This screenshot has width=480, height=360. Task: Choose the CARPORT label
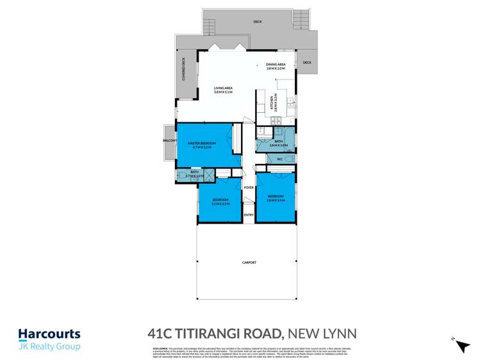tap(249, 263)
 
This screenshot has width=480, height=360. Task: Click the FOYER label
tap(248, 187)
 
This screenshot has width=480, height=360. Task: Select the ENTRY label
tap(249, 215)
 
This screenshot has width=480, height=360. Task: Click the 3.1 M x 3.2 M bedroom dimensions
tap(220, 203)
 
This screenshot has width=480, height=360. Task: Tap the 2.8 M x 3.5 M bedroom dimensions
tap(276, 200)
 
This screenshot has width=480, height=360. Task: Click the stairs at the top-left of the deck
tap(209, 25)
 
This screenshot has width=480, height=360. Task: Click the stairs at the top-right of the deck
tap(301, 19)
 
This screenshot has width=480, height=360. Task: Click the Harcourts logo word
tap(49, 333)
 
